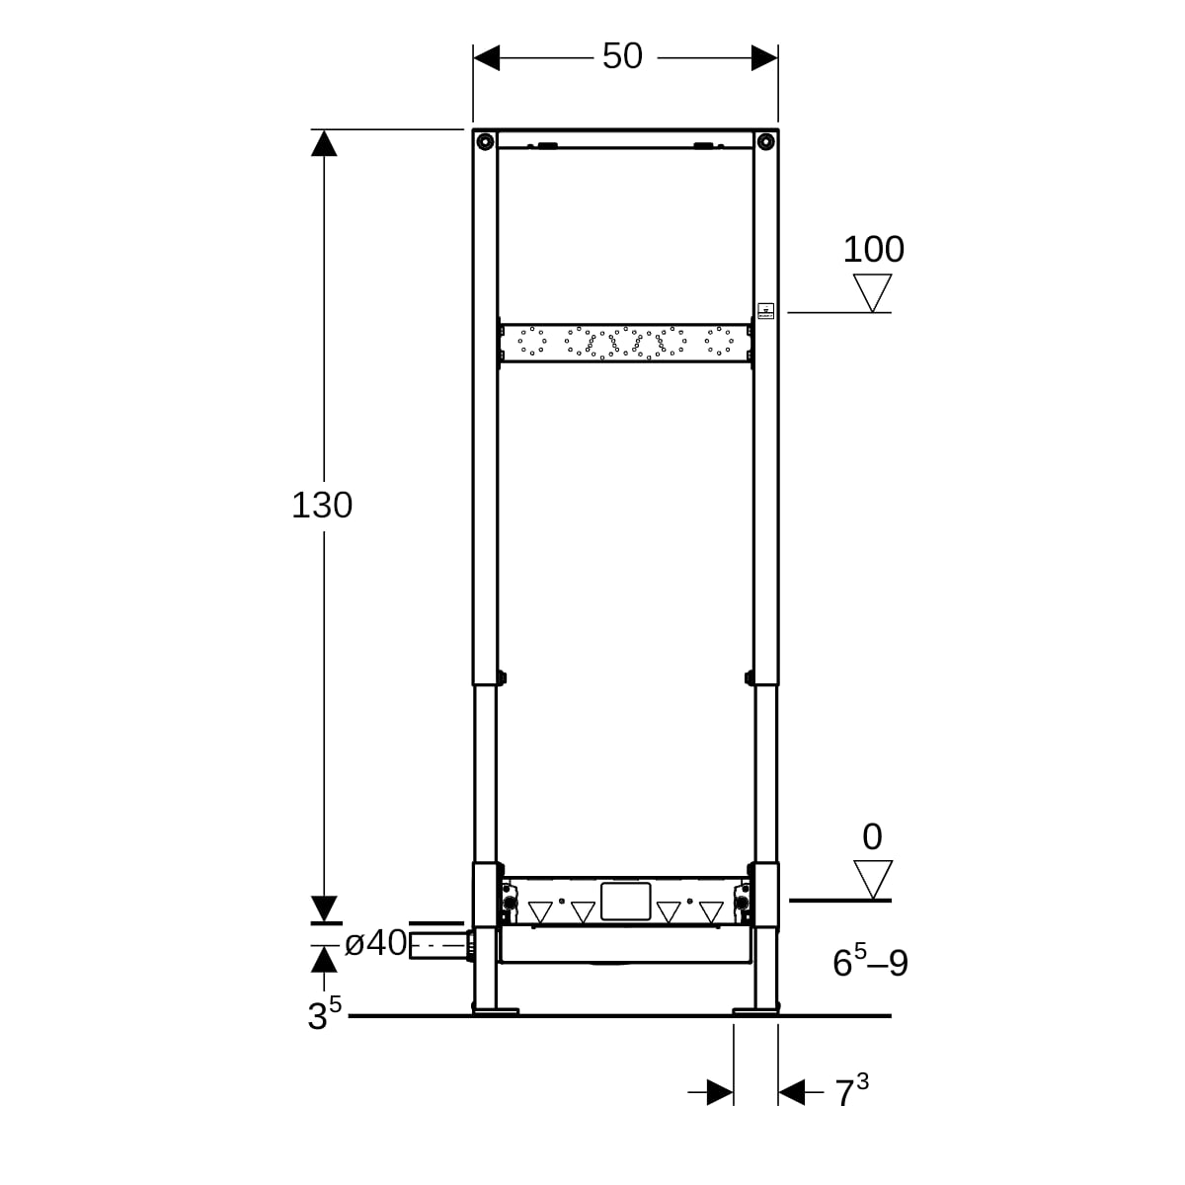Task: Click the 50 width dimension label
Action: pyautogui.click(x=622, y=56)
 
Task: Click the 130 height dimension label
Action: pyautogui.click(x=322, y=505)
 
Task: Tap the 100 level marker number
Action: pyautogui.click(x=873, y=249)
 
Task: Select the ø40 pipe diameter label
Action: pyautogui.click(x=375, y=943)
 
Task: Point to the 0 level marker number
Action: pyautogui.click(x=872, y=836)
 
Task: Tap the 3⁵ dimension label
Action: pyautogui.click(x=324, y=1013)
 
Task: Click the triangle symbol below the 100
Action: pyautogui.click(x=872, y=292)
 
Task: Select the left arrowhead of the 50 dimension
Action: pyautogui.click(x=487, y=58)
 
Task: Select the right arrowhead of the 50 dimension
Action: pyautogui.click(x=764, y=58)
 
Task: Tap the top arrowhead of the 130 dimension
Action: pyautogui.click(x=324, y=143)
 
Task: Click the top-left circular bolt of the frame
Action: pyautogui.click(x=485, y=142)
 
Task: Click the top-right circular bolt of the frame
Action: pyautogui.click(x=765, y=142)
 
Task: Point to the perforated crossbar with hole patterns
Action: pyautogui.click(x=625, y=343)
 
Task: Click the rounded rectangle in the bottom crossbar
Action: pyautogui.click(x=625, y=902)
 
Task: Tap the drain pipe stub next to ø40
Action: pyautogui.click(x=440, y=945)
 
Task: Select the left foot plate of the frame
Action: pyautogui.click(x=496, y=1011)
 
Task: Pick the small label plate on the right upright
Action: pyautogui.click(x=765, y=310)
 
